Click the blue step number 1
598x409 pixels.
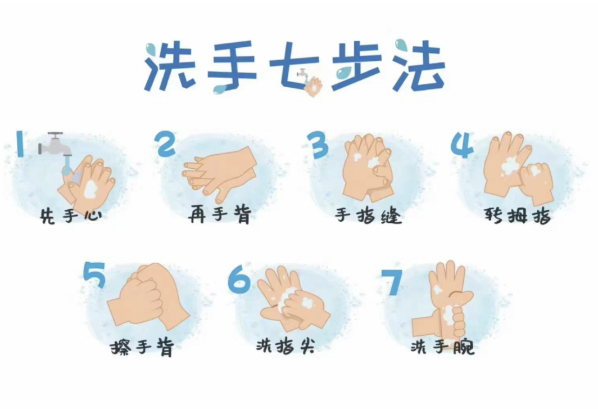[x=20, y=143]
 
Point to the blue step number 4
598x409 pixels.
[x=463, y=145]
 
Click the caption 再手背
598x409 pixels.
[x=219, y=215]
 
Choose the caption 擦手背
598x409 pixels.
[x=142, y=348]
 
